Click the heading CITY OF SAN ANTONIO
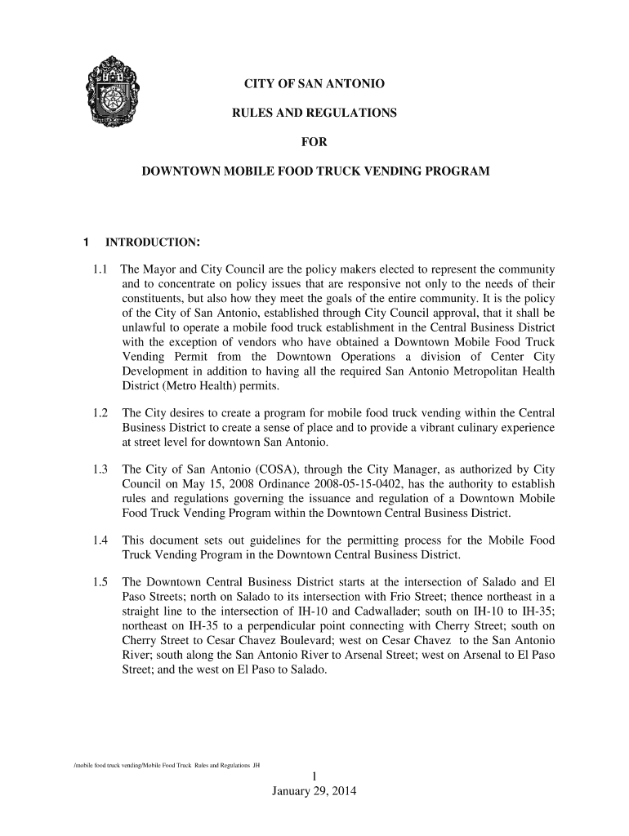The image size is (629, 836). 315,85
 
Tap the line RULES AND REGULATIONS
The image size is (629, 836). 314,113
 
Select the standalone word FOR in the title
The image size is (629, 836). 314,143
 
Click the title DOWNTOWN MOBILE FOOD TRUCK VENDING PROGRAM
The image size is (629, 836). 316,172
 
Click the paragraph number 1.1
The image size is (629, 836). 101,269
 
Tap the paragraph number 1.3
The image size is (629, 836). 101,470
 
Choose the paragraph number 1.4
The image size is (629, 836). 101,541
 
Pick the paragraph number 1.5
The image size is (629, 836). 101,583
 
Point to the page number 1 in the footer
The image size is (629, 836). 314,776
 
